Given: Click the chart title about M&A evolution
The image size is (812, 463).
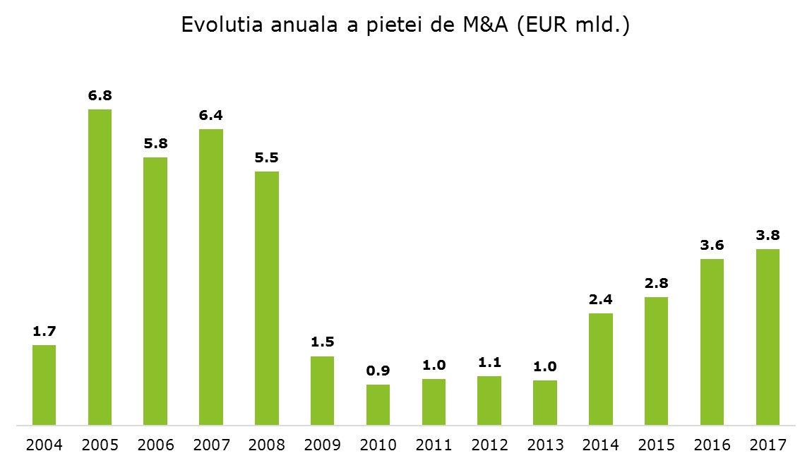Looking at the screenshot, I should point(405,25).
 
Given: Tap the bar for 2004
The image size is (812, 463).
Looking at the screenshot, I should point(44,385).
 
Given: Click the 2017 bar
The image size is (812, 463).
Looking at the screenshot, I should point(768,337).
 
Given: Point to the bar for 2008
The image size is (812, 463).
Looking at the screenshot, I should point(267,298).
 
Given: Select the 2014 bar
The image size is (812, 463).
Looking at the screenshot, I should point(601,369).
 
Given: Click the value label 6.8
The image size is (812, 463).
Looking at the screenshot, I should point(100,95).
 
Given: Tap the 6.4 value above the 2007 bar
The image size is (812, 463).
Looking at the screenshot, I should point(210,115).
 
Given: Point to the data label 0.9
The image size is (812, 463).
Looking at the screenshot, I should point(378,371).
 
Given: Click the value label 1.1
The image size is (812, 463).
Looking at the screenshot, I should point(489,362).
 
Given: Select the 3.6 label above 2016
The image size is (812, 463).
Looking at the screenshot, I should point(712,245).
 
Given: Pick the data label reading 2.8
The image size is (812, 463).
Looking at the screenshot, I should point(656,283).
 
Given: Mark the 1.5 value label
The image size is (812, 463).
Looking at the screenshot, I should point(322,342).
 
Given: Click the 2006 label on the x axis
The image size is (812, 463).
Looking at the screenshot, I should point(155,445).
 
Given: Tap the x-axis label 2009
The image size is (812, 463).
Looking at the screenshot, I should point(322,445).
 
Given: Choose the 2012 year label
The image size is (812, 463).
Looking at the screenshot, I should point(489,445).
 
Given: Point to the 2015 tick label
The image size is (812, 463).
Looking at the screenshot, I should point(656,445).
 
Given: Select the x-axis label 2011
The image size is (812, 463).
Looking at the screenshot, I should point(434,445).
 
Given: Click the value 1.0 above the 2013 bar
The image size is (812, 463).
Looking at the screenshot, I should point(545,366).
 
